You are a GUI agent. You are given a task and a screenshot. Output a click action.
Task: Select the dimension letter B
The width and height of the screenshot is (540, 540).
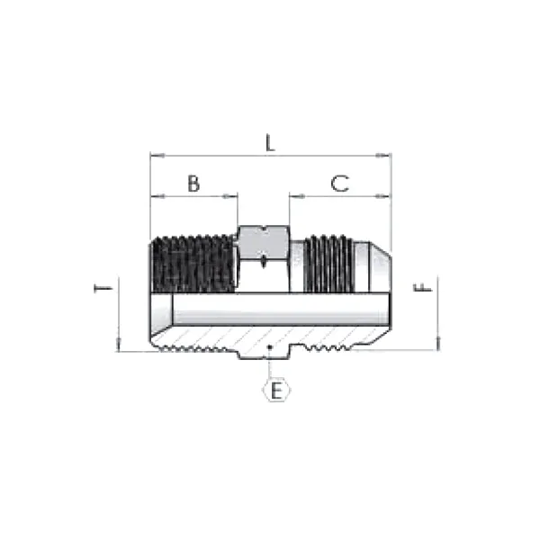(x=193, y=183)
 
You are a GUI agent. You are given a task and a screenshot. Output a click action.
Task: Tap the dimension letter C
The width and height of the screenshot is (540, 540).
(x=339, y=183)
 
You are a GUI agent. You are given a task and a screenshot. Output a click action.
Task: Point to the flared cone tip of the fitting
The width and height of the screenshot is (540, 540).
(x=382, y=264)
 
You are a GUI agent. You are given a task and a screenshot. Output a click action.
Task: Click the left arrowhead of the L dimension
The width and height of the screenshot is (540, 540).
(x=154, y=156)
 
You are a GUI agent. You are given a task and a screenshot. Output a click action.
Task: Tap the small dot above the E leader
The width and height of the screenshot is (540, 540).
(x=270, y=346)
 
